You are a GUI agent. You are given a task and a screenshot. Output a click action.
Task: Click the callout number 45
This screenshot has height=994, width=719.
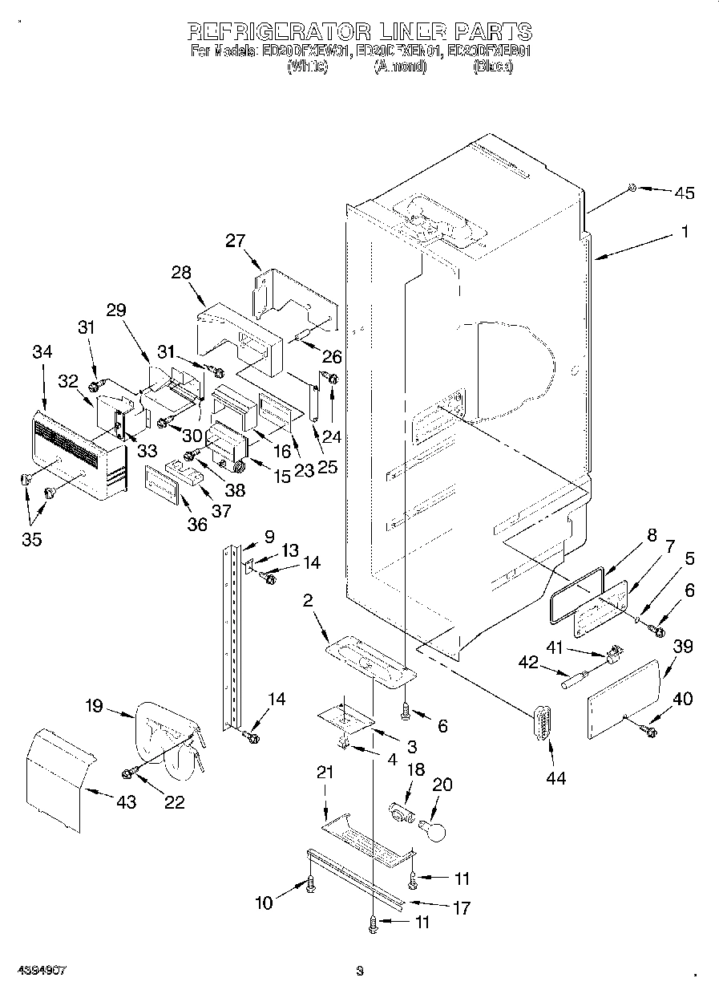[684, 193]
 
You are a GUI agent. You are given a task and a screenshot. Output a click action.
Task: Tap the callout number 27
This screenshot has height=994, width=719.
[236, 241]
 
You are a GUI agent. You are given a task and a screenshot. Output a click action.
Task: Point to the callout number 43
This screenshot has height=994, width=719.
[126, 801]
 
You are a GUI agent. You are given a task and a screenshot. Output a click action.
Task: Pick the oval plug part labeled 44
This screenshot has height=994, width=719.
[542, 727]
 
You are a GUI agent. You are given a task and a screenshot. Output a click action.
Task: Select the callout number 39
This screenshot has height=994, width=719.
[683, 647]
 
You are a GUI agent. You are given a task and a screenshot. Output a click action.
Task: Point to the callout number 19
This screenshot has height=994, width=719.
[94, 706]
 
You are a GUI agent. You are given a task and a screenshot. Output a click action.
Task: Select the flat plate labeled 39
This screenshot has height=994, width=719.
[623, 694]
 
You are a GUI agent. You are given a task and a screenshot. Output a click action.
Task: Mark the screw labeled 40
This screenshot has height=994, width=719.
[648, 730]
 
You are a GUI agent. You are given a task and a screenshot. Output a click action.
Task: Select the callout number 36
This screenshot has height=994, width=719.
[196, 524]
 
